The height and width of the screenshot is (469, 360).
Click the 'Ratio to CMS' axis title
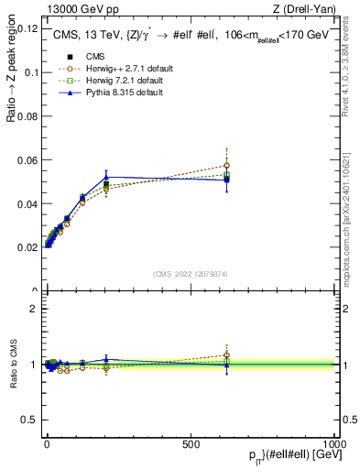tap(13, 365)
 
